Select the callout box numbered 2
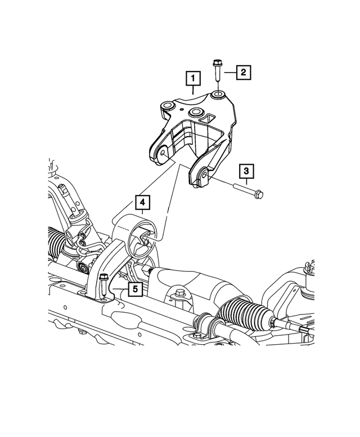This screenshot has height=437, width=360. pos(243,72)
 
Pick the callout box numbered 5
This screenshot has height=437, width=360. pos(134,289)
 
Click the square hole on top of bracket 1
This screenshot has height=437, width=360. pos(211,118)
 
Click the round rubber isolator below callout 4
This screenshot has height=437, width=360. pos(139,243)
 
